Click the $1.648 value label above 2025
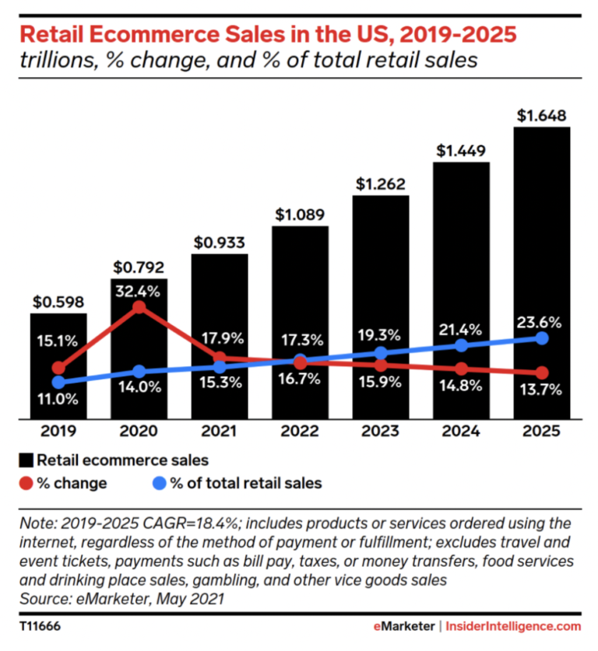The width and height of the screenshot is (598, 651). pos(542,116)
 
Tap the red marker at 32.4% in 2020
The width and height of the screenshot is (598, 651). pos(139,306)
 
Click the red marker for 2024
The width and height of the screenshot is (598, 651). pos(462,369)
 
